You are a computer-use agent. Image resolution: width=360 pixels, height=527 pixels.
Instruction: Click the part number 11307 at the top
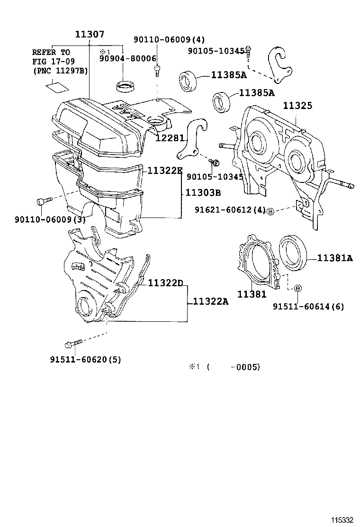pos(90,35)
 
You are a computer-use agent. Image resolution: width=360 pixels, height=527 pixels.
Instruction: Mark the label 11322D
pos(165,283)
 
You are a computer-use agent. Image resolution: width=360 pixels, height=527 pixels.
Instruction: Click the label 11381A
pos(335,258)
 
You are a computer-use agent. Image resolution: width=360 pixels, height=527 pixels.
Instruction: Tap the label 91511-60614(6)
pos(308,307)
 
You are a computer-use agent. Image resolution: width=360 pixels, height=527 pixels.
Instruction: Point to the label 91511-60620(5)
pos(85,359)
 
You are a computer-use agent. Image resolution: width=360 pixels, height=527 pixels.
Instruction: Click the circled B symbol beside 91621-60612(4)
pos(271,210)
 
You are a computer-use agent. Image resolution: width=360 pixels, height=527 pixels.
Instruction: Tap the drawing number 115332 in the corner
pos(342,520)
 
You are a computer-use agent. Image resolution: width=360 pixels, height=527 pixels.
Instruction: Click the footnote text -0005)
pos(244,367)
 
